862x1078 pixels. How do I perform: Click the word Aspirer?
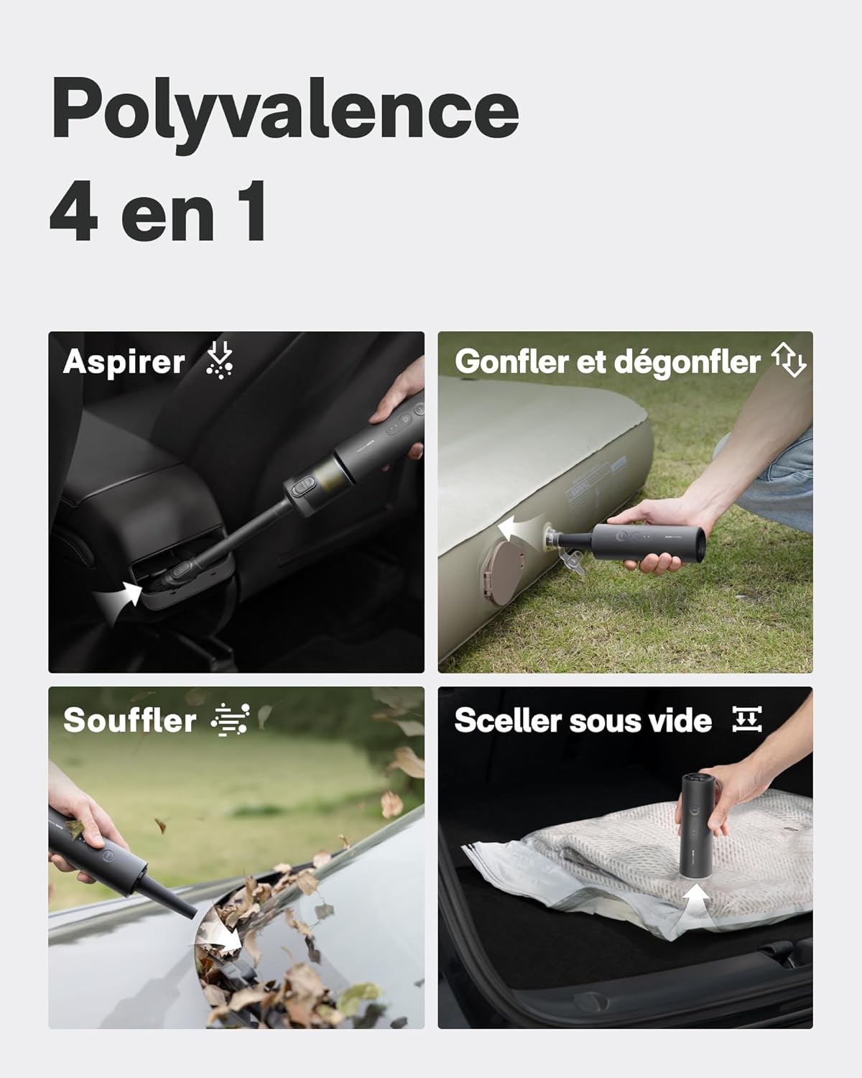pos(124,361)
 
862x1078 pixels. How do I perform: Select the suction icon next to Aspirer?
pos(219,359)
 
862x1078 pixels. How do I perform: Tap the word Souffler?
pos(129,720)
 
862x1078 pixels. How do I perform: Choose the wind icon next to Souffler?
pos(231,719)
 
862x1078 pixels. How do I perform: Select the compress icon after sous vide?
pos(746,719)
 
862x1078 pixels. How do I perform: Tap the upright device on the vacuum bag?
pos(696,826)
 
